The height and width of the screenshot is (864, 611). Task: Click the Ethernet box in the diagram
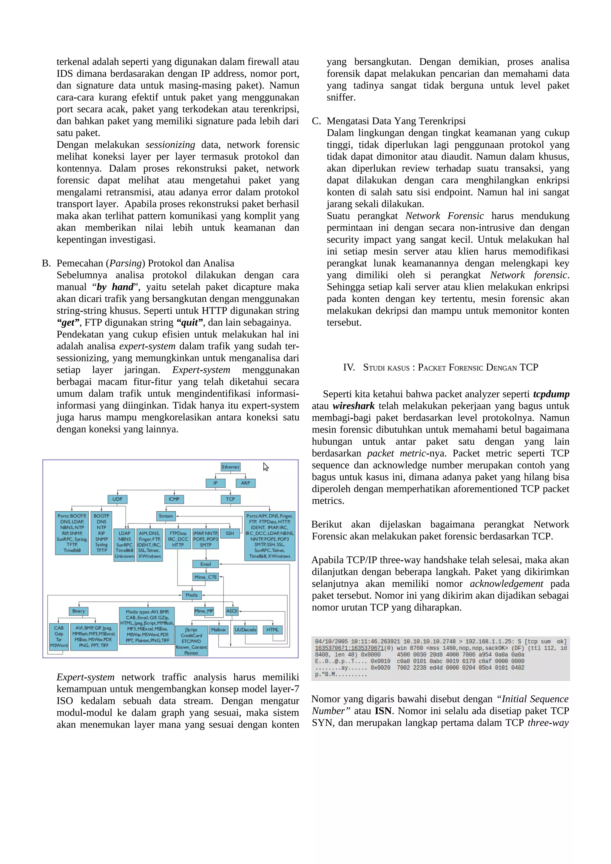point(230,467)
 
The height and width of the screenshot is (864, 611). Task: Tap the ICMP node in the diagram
point(174,499)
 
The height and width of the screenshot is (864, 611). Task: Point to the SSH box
point(230,533)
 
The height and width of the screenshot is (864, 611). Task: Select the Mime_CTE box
point(206,577)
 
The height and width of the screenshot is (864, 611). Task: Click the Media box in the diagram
point(191,595)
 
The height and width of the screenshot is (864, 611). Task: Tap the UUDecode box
point(246,630)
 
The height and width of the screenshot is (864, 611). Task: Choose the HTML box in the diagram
point(273,630)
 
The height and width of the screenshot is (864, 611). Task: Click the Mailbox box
point(218,630)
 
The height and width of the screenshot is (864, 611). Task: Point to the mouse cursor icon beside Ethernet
point(266,467)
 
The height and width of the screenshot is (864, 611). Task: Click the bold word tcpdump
point(551,394)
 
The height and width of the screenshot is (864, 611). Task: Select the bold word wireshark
point(354,406)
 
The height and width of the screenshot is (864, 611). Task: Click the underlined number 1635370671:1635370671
point(349,648)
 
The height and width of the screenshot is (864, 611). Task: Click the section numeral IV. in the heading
point(349,367)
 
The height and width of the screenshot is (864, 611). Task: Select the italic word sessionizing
point(170,145)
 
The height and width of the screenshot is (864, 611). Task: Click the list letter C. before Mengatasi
point(316,121)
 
